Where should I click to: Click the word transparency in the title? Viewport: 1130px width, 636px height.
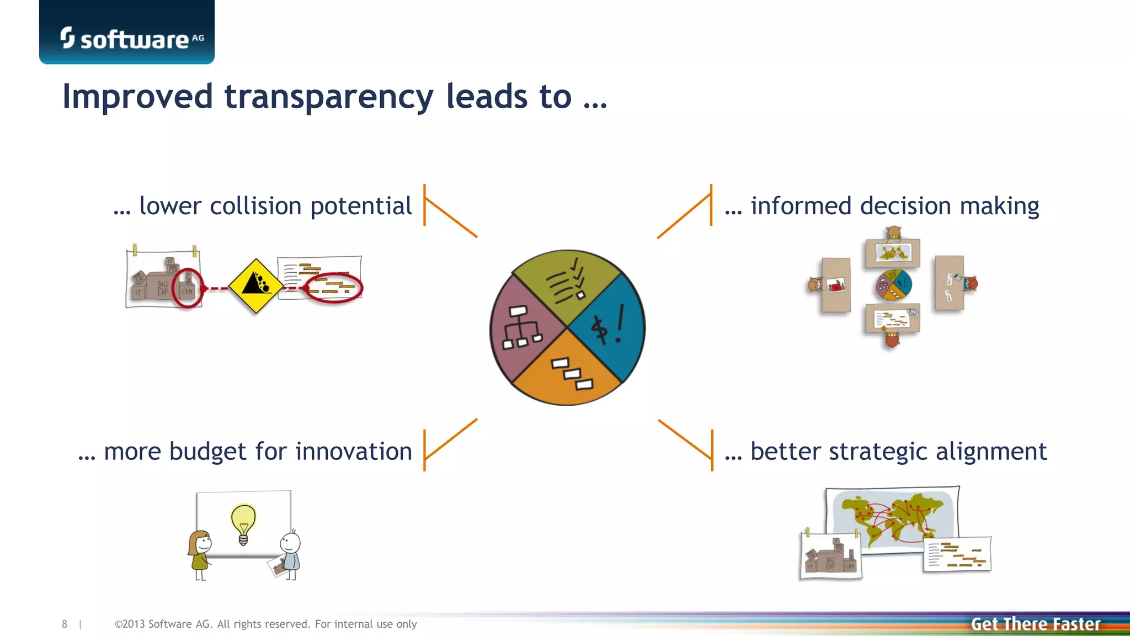(329, 97)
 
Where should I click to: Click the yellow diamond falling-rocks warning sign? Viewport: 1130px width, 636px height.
(255, 285)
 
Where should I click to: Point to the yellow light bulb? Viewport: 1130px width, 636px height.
(243, 522)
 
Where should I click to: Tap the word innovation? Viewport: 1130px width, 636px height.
(354, 452)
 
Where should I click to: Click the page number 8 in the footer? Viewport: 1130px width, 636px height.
(65, 624)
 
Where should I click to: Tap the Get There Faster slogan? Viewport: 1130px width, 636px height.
(1035, 624)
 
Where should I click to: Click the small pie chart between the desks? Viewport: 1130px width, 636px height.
(894, 284)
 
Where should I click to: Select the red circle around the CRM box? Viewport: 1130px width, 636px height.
(187, 288)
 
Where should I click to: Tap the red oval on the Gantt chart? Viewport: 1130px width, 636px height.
(333, 288)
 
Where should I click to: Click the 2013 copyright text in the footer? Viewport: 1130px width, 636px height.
(265, 624)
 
